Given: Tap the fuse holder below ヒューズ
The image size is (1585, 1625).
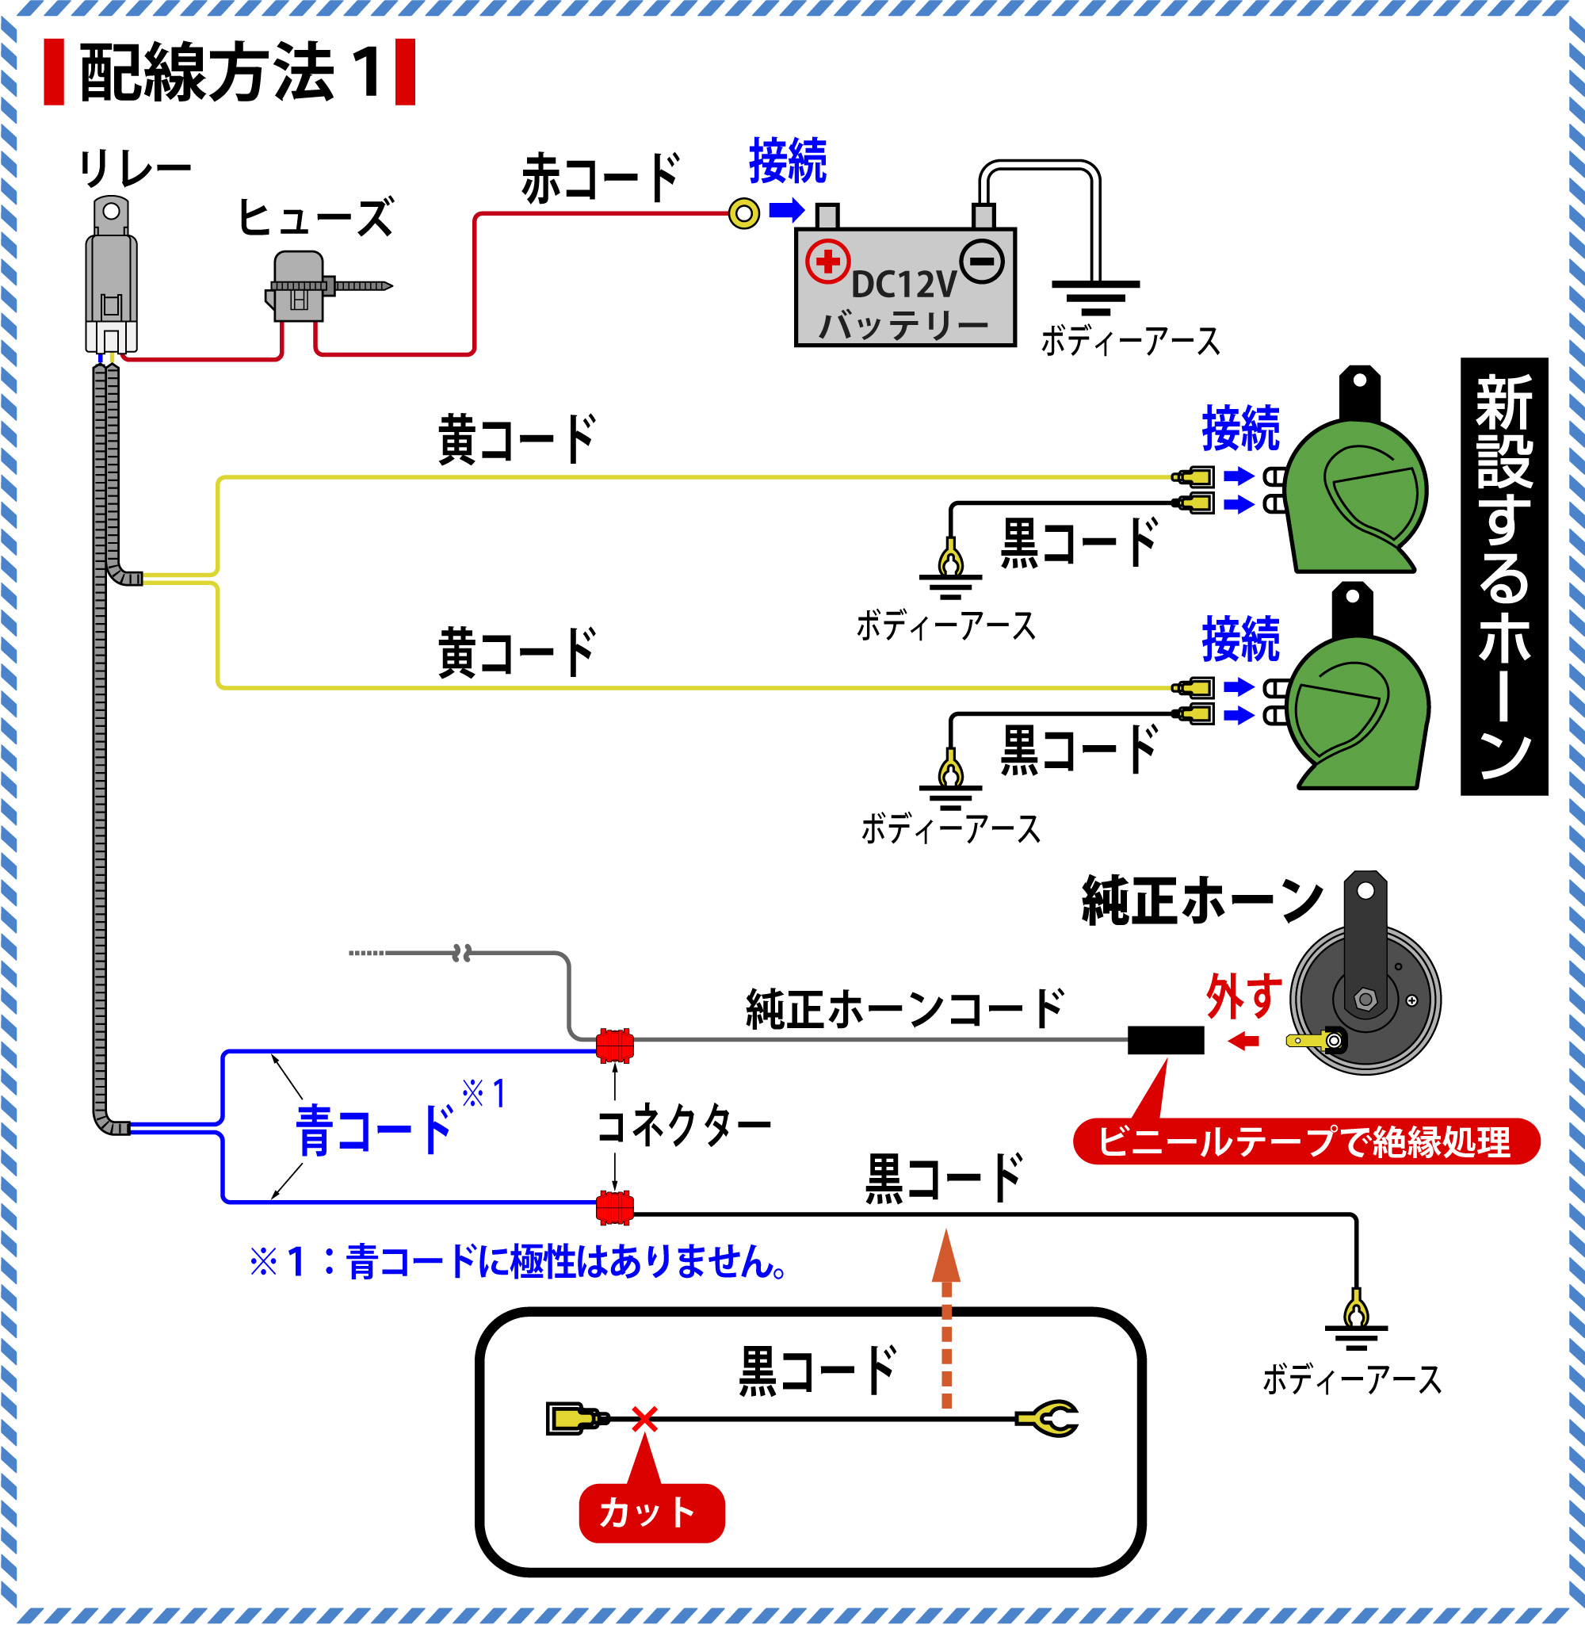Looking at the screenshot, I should (298, 285).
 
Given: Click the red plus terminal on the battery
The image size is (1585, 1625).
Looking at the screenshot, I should (827, 262).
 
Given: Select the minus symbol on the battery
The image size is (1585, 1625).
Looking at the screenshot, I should (982, 262).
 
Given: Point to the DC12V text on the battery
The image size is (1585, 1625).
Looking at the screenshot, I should (904, 285).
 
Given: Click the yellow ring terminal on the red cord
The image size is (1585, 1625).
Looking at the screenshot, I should (743, 214).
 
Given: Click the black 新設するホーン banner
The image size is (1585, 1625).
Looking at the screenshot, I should (1503, 576).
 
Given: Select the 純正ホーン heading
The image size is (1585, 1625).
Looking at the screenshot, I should (1202, 900).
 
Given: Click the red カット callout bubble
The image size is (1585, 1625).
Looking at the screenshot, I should (651, 1512).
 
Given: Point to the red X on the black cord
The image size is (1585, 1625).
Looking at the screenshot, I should (644, 1420).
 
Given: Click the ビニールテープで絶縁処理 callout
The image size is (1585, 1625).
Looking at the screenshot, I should (1305, 1141).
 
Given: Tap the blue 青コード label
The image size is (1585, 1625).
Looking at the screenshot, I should (375, 1130).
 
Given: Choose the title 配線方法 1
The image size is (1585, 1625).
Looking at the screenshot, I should (230, 72).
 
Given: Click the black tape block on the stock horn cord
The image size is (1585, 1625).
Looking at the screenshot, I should (1166, 1040).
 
